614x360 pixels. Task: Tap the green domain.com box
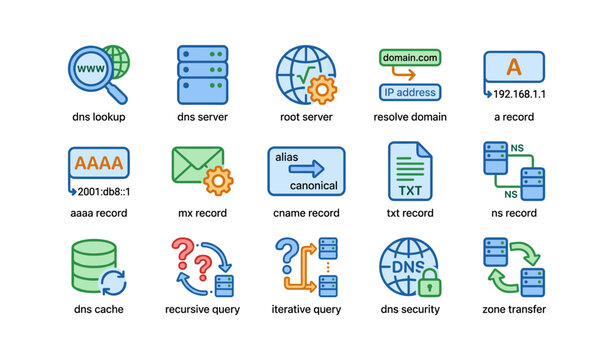click(409, 58)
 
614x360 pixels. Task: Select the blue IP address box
click(409, 92)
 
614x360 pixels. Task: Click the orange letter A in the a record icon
click(514, 67)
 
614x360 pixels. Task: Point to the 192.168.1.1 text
click(521, 94)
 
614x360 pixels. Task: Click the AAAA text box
click(98, 163)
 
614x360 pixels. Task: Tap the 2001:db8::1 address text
click(104, 190)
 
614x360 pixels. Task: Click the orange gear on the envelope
click(217, 181)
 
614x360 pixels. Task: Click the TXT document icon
click(409, 169)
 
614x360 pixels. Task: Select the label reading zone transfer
click(513, 309)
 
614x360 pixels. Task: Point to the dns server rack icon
click(202, 75)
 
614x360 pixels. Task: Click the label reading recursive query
click(202, 309)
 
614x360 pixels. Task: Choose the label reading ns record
click(513, 213)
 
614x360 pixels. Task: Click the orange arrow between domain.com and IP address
click(409, 75)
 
